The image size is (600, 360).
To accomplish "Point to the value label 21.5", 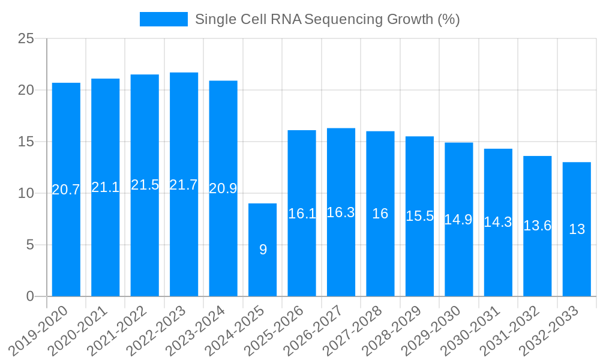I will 145,185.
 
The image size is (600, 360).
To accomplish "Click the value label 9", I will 263,250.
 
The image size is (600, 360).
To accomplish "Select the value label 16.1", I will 302,214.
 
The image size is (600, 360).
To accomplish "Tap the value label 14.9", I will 458,220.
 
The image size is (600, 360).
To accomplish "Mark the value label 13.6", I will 537,226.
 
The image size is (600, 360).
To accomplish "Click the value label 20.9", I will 223,188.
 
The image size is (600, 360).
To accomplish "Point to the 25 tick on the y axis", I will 26,39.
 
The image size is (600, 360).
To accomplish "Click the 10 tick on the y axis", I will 26,193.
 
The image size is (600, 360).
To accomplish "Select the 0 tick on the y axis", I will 31,296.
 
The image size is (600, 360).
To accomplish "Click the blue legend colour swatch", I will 163,19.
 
